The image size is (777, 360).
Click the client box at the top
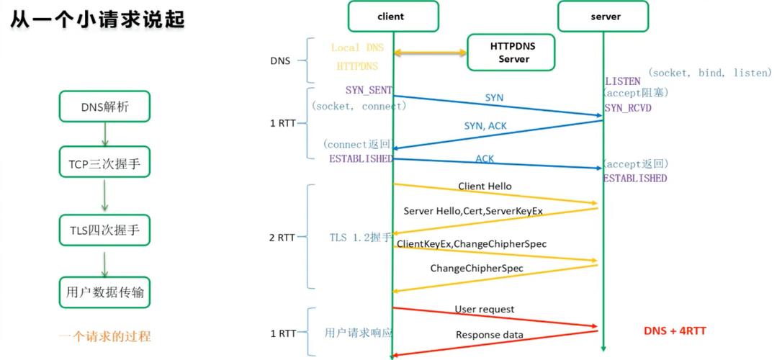pyautogui.click(x=392, y=17)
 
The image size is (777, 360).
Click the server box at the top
pyautogui.click(x=603, y=17)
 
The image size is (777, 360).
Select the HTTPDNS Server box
pyautogui.click(x=512, y=52)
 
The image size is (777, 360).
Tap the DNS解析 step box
pyautogui.click(x=104, y=107)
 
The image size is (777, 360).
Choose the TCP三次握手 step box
pyautogui.click(x=104, y=164)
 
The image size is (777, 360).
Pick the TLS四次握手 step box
pyautogui.click(x=104, y=230)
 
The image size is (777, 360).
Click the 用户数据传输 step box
pyautogui.click(x=104, y=292)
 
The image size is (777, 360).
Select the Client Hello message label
pyautogui.click(x=485, y=186)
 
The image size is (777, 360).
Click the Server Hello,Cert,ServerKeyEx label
pyautogui.click(x=472, y=210)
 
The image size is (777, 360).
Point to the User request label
pyautogui.click(x=484, y=309)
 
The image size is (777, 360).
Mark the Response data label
pyautogui.click(x=489, y=335)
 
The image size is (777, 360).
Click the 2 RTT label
pyautogui.click(x=282, y=237)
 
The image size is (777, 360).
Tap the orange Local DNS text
pyautogui.click(x=357, y=48)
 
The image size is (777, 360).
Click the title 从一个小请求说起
pyautogui.click(x=97, y=19)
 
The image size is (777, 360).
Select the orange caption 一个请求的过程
pyautogui.click(x=104, y=336)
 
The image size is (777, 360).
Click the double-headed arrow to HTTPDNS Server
pyautogui.click(x=430, y=53)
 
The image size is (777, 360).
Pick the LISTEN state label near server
pyautogui.click(x=622, y=81)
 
